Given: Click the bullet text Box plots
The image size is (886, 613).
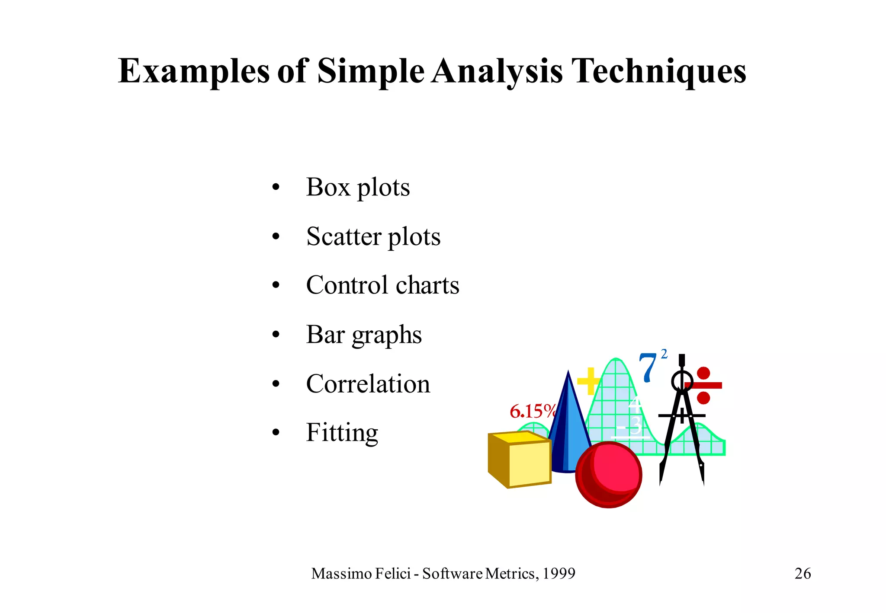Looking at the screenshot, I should point(358,188).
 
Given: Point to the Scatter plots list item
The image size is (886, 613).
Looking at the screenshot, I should point(373,237).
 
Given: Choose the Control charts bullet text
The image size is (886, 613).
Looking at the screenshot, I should point(382,286).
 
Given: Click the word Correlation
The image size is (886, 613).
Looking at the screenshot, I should point(368,384).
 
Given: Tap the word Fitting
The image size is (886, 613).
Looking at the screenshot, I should point(342,433).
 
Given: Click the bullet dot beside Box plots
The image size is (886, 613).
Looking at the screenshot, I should point(276,188).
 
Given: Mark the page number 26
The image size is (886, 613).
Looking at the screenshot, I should point(803,574).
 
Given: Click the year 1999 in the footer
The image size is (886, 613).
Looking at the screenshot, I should point(559,574).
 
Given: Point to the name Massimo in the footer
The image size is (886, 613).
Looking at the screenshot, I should point(341,574).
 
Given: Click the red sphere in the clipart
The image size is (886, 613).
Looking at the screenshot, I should point(609,475).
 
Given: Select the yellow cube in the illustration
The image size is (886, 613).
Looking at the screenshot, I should point(520,459).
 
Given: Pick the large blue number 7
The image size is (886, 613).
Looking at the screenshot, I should point(648,368).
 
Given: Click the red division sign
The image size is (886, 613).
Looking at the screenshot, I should point(703,385).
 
